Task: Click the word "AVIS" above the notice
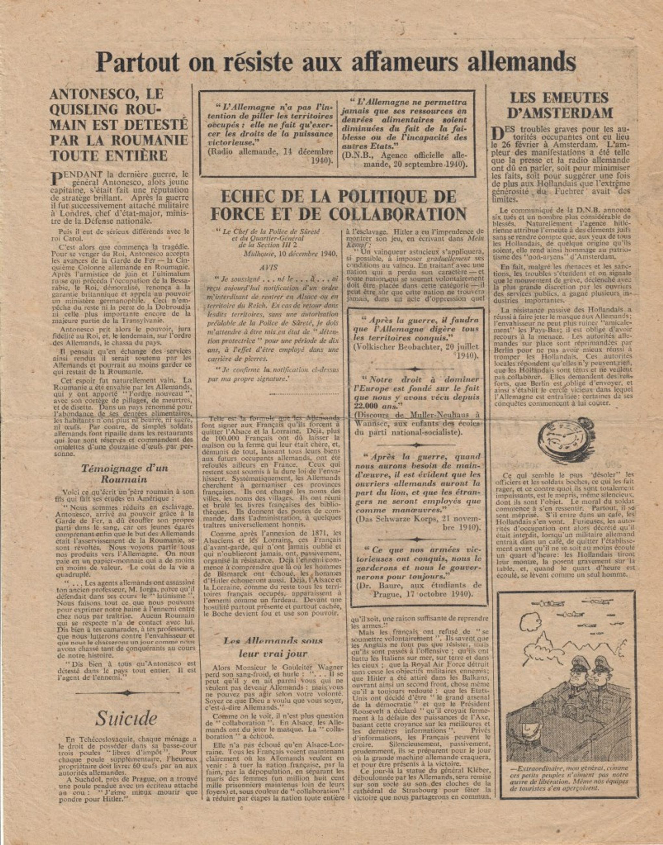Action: [x=268, y=267]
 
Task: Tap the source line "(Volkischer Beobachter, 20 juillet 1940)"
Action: [x=416, y=351]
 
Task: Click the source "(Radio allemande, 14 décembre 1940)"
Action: [x=271, y=156]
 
